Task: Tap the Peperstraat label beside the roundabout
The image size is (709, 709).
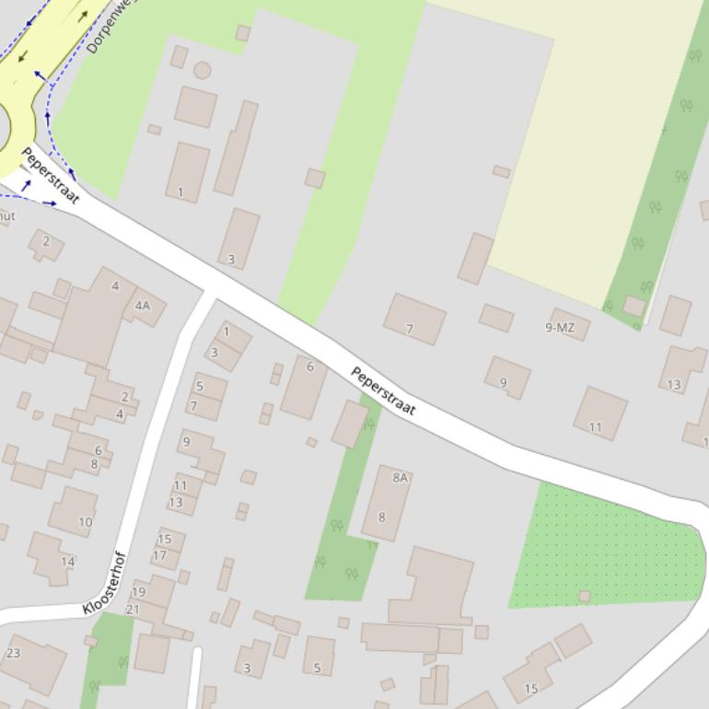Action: coord(51,175)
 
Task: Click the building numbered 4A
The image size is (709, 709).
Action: coord(143,306)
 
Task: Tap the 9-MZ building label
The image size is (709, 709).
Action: coord(560,327)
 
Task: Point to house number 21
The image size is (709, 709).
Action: coord(133,609)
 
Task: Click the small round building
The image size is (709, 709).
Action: coord(202,70)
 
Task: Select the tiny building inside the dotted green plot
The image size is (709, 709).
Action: coord(584,597)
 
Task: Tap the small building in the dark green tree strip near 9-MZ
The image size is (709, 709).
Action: coord(633,306)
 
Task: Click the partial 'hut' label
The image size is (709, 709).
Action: coord(6,215)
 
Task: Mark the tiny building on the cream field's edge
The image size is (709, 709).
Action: coord(501,171)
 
